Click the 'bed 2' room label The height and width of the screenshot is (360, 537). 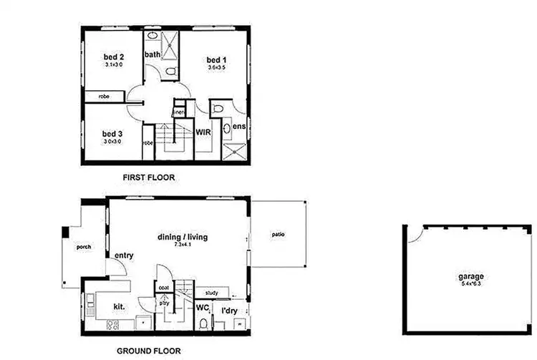(x=114, y=57)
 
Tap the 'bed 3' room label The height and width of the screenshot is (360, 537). (x=112, y=134)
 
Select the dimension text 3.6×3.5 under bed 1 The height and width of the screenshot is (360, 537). (x=216, y=67)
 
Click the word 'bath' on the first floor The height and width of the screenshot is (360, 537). (x=153, y=54)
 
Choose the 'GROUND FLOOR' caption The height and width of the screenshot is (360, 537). (x=148, y=351)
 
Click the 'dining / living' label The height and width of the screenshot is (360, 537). (x=178, y=238)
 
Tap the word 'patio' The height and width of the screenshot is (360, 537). (x=279, y=233)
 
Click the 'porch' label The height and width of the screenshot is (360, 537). (x=83, y=248)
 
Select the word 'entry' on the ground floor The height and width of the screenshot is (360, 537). (x=125, y=256)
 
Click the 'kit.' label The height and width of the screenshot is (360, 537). (x=119, y=306)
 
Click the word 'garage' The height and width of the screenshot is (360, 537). (x=471, y=276)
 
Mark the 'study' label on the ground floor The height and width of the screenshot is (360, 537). (x=211, y=293)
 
